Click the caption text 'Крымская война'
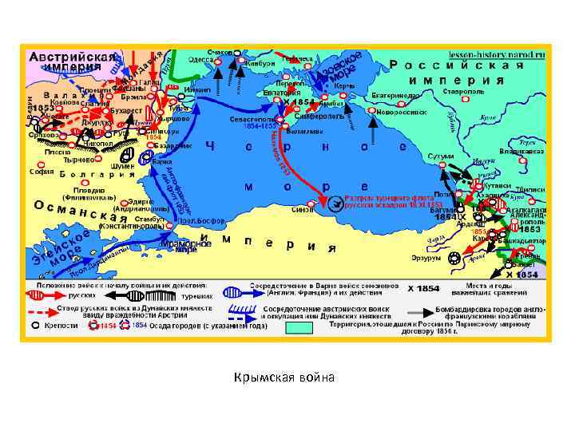pyautogui.click(x=287, y=376)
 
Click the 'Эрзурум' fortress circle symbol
pyautogui.click(x=454, y=257)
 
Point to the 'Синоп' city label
pyautogui.click(x=303, y=210)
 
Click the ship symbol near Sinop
pyautogui.click(x=334, y=204)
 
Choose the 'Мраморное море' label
pyautogui.click(x=180, y=246)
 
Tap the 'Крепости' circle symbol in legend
pyautogui.click(x=36, y=326)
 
